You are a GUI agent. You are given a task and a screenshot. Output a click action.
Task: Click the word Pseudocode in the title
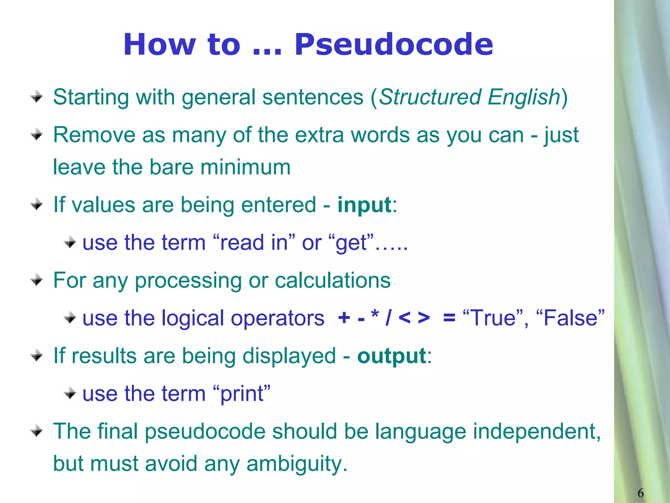tap(394, 45)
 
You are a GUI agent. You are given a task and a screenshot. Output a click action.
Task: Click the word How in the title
tap(160, 45)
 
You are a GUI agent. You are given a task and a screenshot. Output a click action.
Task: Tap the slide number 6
tap(641, 493)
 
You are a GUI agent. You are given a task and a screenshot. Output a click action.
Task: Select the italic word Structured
tap(430, 97)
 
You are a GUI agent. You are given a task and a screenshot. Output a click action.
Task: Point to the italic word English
tap(524, 97)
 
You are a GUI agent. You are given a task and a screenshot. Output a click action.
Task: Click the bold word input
tap(364, 205)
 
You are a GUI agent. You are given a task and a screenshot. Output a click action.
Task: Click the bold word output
tap(392, 356)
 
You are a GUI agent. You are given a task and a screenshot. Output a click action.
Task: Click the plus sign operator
tap(344, 318)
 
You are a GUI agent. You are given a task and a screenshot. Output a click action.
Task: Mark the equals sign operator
tap(449, 318)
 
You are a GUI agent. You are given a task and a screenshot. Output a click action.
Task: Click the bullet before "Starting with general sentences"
tap(36, 97)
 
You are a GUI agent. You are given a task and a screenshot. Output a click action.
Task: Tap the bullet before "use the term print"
tap(70, 393)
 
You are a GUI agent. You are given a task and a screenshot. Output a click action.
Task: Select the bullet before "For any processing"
tap(36, 280)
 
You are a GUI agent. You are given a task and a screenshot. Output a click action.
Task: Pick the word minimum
tap(245, 167)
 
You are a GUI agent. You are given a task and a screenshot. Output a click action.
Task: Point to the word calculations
tap(333, 281)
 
